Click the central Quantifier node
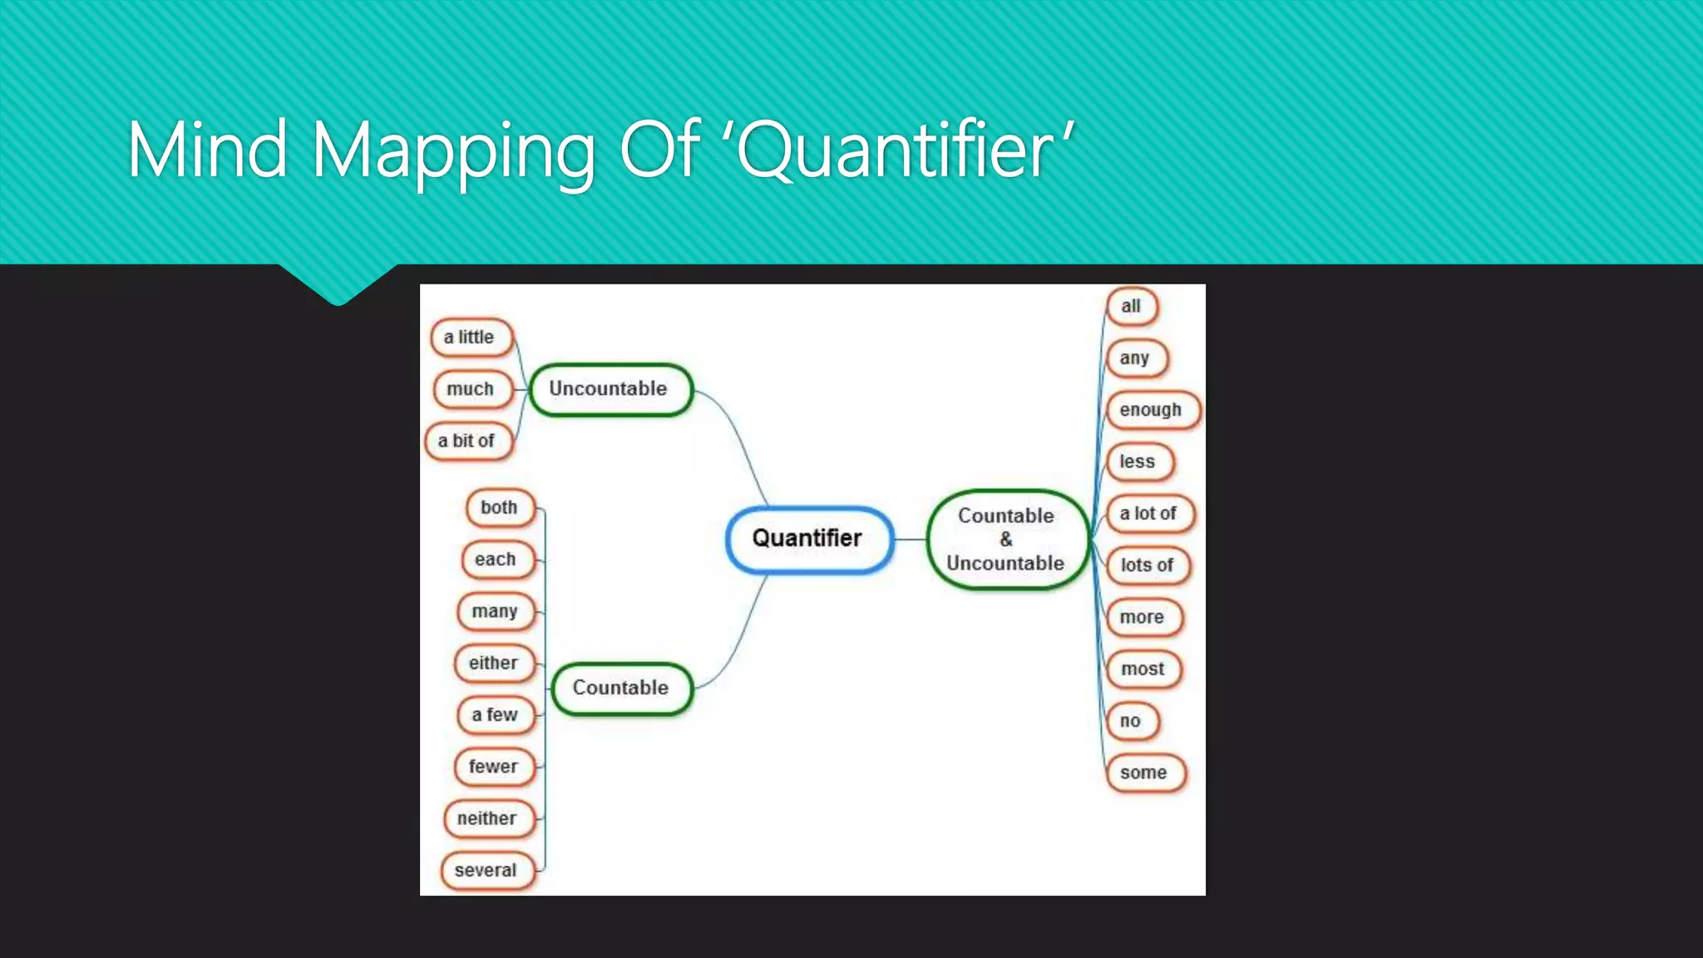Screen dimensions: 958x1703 pyautogui.click(x=809, y=539)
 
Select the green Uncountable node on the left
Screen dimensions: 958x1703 pyautogui.click(x=610, y=389)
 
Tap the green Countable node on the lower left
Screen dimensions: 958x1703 pyautogui.click(x=621, y=688)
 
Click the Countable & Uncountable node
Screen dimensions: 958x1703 pyautogui.click(x=1006, y=539)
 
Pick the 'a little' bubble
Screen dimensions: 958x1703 pyautogui.click(x=471, y=338)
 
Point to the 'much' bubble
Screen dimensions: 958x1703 pyautogui.click(x=471, y=389)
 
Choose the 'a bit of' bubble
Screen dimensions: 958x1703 pyautogui.click(x=467, y=441)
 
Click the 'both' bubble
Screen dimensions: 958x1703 pyautogui.click(x=500, y=508)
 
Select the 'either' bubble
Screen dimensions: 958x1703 pyautogui.click(x=494, y=664)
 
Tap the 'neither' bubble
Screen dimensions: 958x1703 pyautogui.click(x=488, y=819)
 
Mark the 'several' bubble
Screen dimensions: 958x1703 pyautogui.click(x=486, y=871)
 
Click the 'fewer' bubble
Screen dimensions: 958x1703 pyautogui.click(x=494, y=767)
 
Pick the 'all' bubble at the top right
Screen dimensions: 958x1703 pyautogui.click(x=1131, y=307)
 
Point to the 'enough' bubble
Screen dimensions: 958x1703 pyautogui.click(x=1152, y=410)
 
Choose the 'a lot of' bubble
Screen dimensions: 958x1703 pyautogui.click(x=1149, y=514)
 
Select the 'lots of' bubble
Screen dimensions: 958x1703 pyautogui.click(x=1148, y=565)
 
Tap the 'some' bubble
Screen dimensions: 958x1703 pyautogui.click(x=1144, y=773)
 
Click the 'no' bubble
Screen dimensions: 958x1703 pyautogui.click(x=1131, y=721)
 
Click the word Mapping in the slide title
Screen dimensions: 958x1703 pyautogui.click(x=454, y=151)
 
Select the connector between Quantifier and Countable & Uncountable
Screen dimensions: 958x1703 pyautogui.click(x=911, y=539)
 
